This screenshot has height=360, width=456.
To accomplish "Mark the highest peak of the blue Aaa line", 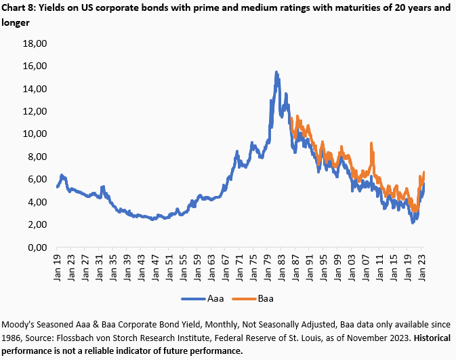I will coord(276,72).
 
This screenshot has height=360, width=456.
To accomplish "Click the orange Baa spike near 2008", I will coord(371,144).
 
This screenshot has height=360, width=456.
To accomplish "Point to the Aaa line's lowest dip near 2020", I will coord(413,222).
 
